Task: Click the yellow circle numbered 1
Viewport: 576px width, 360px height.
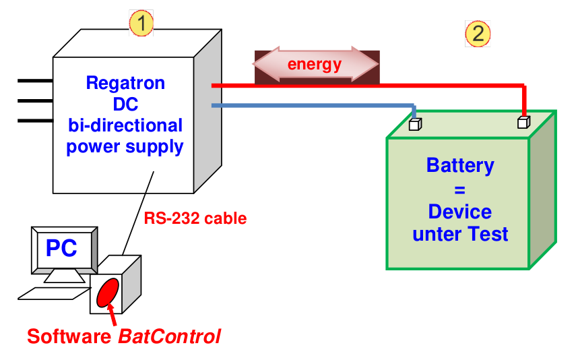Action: (x=141, y=24)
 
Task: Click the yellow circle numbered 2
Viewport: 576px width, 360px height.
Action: (x=478, y=33)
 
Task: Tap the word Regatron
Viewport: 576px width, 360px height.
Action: (x=125, y=84)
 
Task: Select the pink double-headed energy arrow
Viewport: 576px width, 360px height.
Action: (x=315, y=65)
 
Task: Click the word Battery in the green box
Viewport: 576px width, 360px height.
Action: (x=460, y=166)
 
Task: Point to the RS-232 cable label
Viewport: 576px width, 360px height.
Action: (x=195, y=218)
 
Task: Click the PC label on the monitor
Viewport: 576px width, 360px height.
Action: (x=61, y=248)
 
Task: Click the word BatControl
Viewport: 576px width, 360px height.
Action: (x=169, y=336)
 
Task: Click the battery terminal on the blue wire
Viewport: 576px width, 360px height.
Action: (x=415, y=124)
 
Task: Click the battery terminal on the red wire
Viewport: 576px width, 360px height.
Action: (x=523, y=122)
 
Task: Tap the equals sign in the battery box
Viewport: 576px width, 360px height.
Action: (x=460, y=189)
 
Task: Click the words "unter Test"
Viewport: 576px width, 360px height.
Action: (x=460, y=234)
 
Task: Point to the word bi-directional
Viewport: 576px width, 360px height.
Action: (x=125, y=125)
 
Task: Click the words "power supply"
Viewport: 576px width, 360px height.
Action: (x=125, y=146)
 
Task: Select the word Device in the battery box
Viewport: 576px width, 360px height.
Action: (x=460, y=212)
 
